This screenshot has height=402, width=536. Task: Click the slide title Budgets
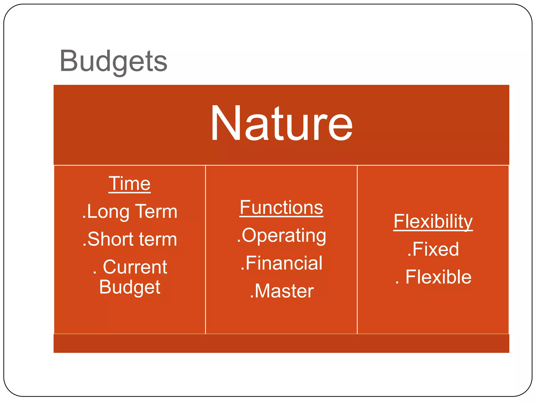113,61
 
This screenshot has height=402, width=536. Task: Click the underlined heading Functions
281,208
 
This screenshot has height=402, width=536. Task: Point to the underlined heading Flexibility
433,221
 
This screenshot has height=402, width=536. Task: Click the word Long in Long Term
108,211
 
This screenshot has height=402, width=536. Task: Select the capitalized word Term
157,211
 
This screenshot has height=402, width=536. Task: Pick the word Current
135,267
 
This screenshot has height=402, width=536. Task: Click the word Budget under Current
130,287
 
